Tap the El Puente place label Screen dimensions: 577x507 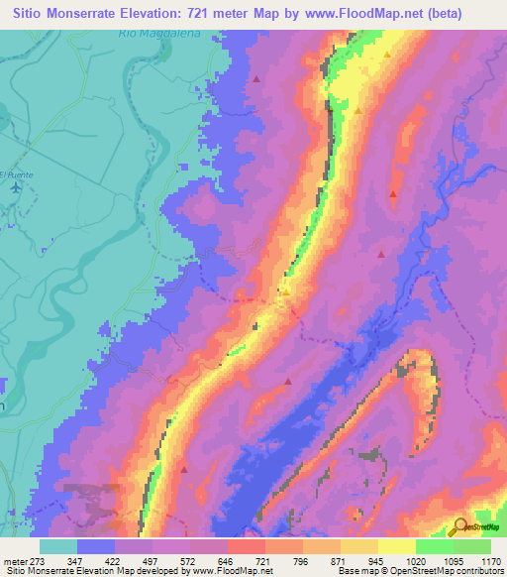coord(17,174)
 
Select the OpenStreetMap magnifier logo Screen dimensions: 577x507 coord(459,526)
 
